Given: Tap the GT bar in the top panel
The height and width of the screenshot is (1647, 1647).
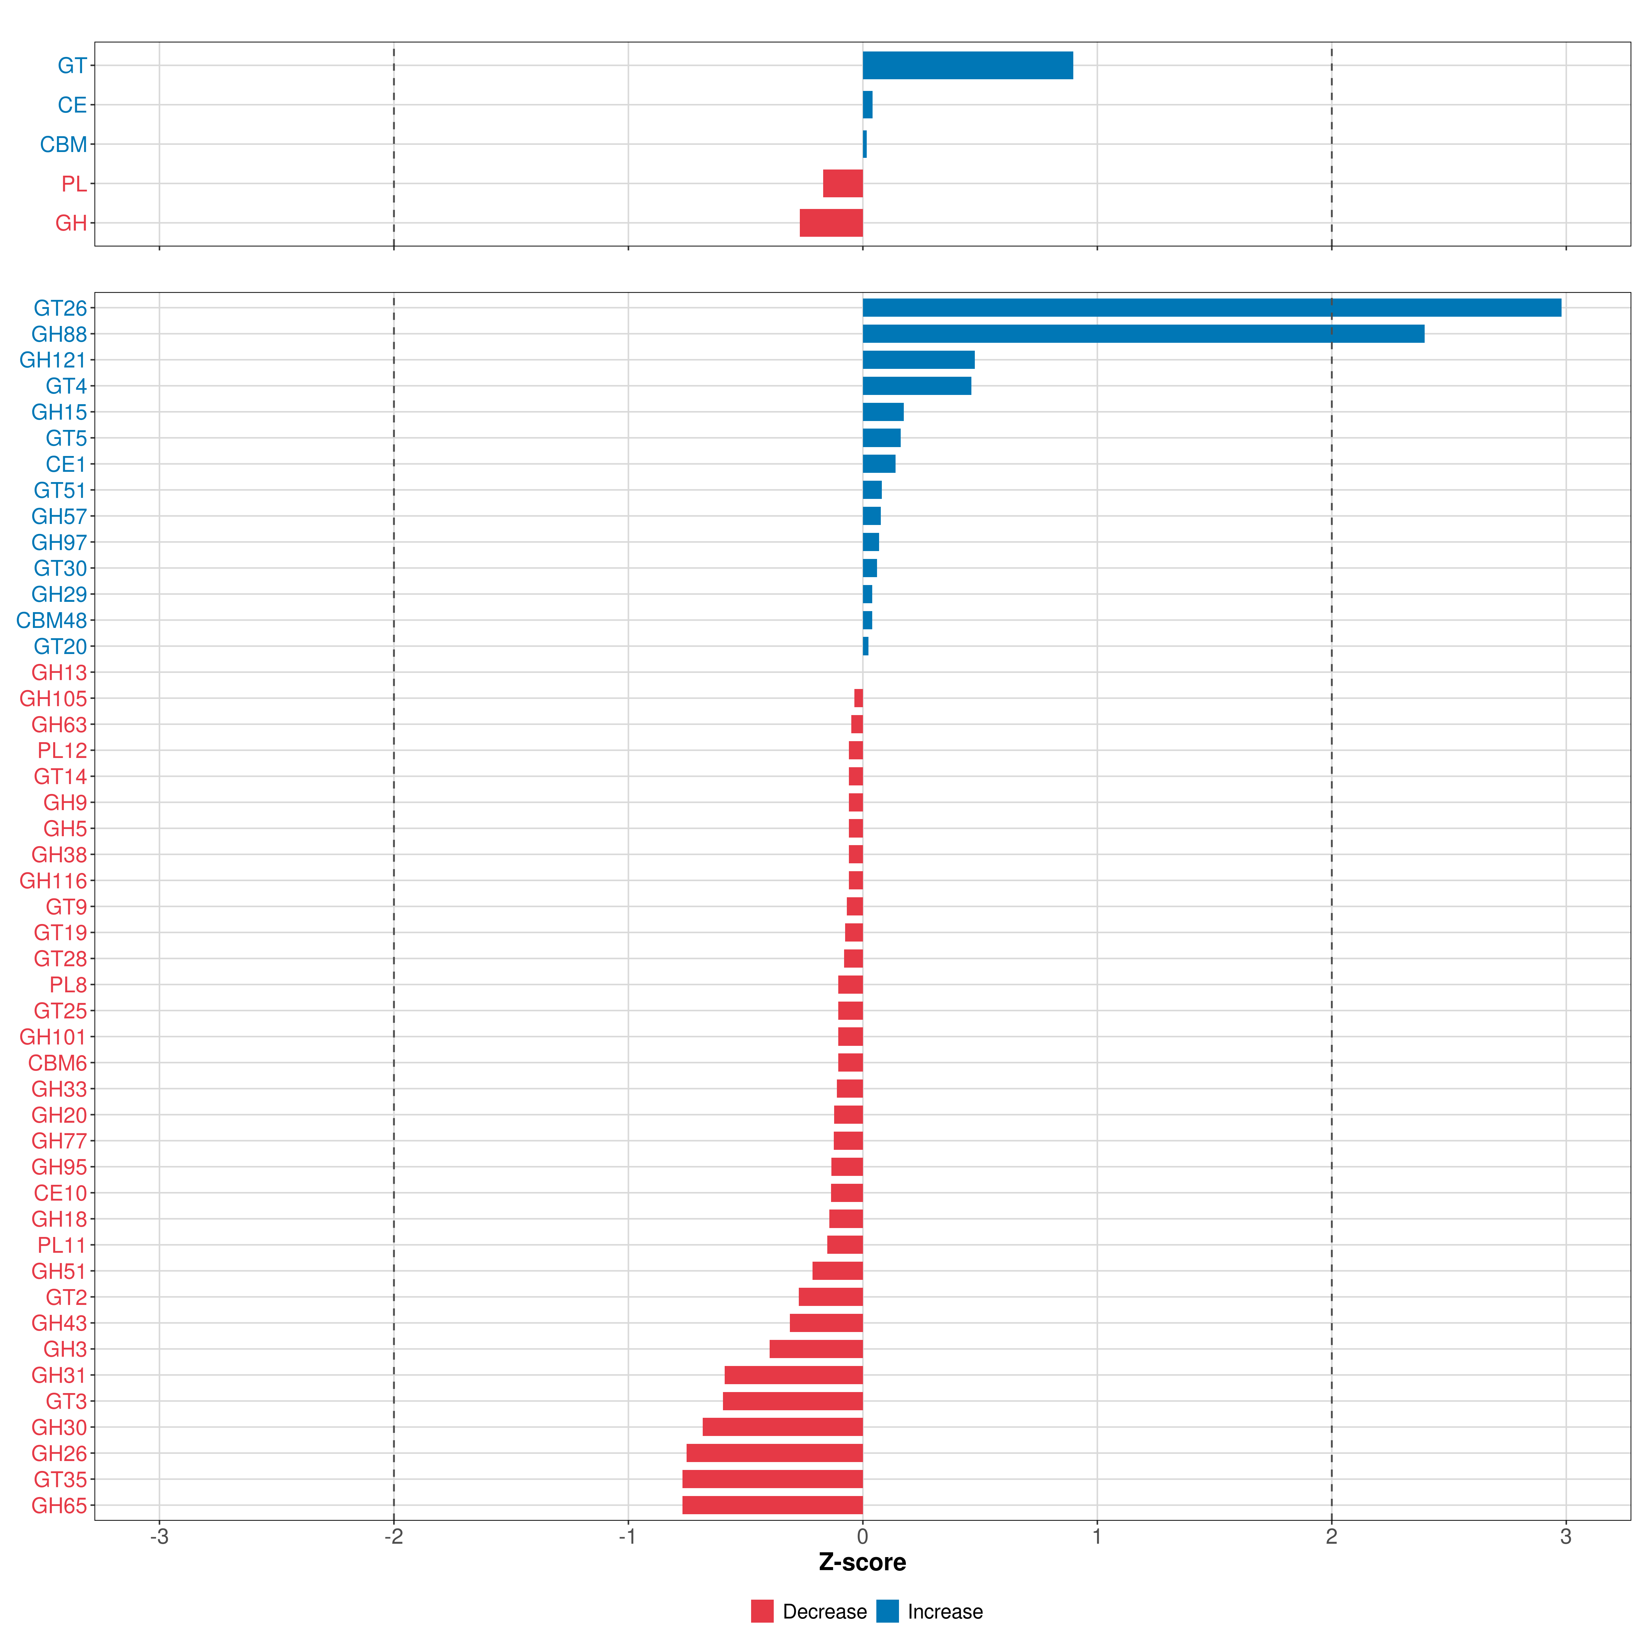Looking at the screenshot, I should [x=968, y=66].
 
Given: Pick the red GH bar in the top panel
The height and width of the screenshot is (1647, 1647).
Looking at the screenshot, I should [x=831, y=223].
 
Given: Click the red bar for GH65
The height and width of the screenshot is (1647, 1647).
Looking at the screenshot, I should [x=772, y=1506].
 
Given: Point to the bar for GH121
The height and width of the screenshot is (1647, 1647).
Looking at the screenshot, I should [x=918, y=360].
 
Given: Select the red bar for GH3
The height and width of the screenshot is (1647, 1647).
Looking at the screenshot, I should [x=816, y=1350].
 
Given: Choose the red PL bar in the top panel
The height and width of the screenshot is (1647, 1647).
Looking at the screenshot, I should [x=842, y=183].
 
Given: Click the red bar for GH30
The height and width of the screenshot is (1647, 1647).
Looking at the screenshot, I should [x=783, y=1427].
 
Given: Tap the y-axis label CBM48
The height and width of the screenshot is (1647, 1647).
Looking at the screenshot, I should [x=51, y=621].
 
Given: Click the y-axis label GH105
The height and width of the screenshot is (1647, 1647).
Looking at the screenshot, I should [x=53, y=699].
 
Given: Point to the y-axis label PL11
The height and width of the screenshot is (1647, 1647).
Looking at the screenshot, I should [x=61, y=1246].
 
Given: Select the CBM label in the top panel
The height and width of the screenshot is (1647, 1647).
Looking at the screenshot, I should [x=63, y=145].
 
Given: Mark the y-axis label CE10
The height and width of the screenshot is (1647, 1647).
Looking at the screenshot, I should [x=60, y=1193].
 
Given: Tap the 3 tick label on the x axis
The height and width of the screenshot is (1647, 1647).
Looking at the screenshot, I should [x=1565, y=1537].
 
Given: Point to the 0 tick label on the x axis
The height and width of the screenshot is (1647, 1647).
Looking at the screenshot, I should [x=863, y=1537].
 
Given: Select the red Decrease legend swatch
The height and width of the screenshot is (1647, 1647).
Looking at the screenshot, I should [x=762, y=1611].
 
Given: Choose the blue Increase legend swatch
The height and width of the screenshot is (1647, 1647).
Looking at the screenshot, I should [x=887, y=1611].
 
